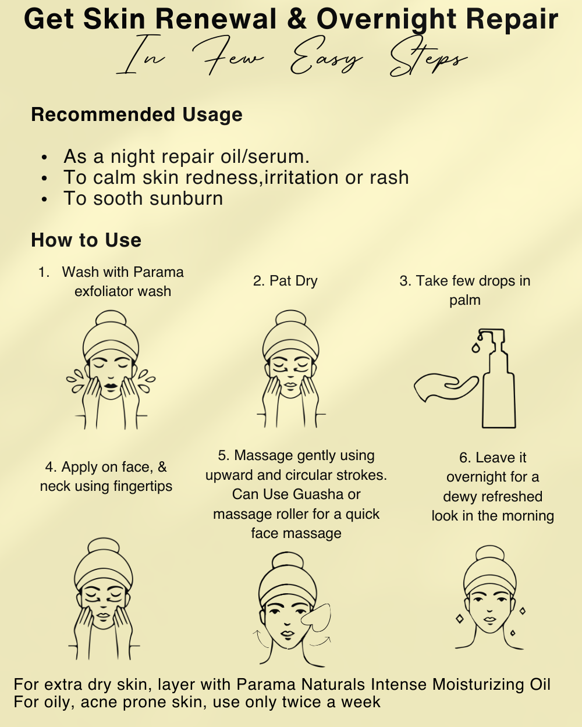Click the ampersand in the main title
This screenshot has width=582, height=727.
[297, 20]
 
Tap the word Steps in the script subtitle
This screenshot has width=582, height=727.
[429, 58]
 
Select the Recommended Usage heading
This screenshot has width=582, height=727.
[137, 115]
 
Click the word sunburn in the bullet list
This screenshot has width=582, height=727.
[186, 198]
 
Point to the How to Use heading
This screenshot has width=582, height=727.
[86, 240]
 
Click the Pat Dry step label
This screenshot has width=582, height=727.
[285, 281]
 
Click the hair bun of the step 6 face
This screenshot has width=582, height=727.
[489, 555]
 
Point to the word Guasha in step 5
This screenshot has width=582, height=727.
[318, 494]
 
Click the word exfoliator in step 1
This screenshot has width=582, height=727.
[102, 291]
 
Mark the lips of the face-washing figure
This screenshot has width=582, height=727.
[111, 386]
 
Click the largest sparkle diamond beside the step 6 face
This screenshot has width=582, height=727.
[460, 619]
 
